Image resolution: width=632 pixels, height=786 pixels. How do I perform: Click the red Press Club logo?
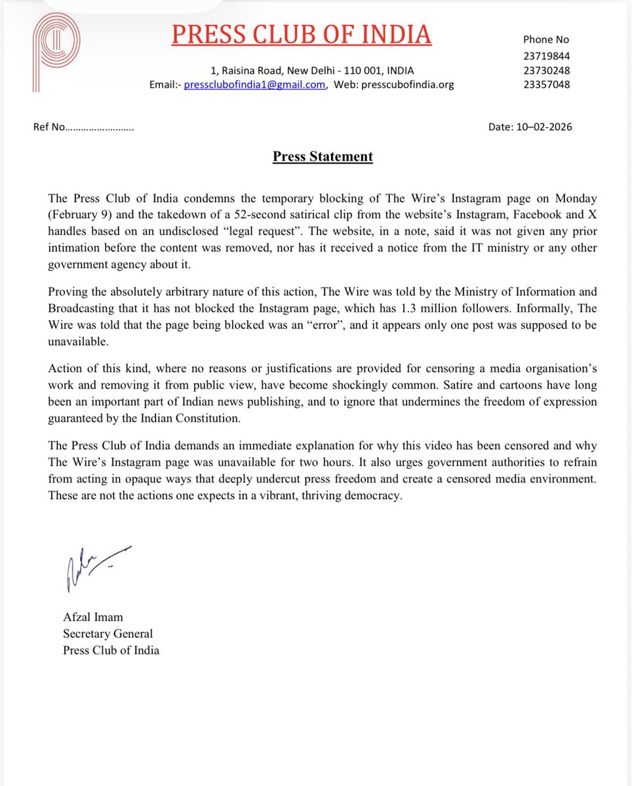[x=58, y=52]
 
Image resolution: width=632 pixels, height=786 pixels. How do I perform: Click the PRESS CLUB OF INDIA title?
[x=302, y=34]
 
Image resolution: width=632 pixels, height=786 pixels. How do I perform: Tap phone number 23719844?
[x=545, y=56]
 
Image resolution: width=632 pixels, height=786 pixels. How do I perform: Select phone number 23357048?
[x=545, y=84]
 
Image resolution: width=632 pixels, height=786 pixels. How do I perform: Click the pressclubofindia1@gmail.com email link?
[x=254, y=84]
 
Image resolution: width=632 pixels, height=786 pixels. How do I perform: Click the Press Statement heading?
[x=323, y=157]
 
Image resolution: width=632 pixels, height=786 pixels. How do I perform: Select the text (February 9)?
[x=82, y=215]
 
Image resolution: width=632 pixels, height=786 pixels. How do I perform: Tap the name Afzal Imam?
[x=93, y=616]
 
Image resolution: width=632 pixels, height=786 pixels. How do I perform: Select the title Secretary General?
[x=108, y=633]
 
